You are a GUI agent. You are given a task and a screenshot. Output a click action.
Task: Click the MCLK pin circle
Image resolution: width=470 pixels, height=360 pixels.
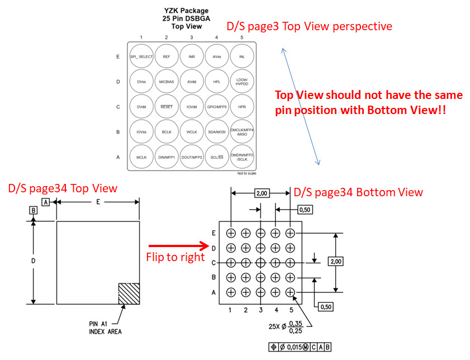click(x=141, y=158)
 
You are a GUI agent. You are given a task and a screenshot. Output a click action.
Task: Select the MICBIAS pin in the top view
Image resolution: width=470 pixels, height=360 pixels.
click(x=167, y=82)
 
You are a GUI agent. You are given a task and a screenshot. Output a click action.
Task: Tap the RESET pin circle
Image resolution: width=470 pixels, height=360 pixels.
click(x=167, y=107)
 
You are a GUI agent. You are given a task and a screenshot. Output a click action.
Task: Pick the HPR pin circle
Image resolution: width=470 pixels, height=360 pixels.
click(x=242, y=107)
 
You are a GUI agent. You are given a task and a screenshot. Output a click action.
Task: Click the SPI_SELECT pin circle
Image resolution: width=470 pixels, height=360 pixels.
click(x=141, y=56)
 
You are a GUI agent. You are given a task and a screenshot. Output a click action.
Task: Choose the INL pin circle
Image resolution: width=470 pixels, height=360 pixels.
click(x=242, y=56)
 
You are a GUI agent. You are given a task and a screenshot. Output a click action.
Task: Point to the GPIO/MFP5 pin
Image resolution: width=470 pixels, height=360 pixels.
click(x=217, y=107)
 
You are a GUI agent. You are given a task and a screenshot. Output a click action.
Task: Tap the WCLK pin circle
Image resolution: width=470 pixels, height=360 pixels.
click(x=192, y=132)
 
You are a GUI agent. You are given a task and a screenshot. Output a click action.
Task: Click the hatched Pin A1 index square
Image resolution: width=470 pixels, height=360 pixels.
click(x=129, y=293)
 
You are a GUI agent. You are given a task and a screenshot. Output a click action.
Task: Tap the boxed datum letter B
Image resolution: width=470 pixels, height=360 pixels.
click(x=33, y=211)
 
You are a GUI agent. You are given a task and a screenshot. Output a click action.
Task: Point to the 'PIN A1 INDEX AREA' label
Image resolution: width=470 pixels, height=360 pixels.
click(x=106, y=328)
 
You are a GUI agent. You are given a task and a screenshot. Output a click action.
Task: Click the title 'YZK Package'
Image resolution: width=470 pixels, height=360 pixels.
click(x=187, y=11)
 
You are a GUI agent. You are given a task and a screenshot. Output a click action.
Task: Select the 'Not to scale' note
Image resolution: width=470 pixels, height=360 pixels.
click(x=246, y=173)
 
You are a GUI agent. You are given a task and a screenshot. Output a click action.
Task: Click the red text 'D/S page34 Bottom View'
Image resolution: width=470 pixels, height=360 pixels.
click(x=358, y=192)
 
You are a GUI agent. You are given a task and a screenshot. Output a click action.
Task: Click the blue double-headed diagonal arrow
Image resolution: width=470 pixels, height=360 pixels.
click(x=300, y=106)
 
